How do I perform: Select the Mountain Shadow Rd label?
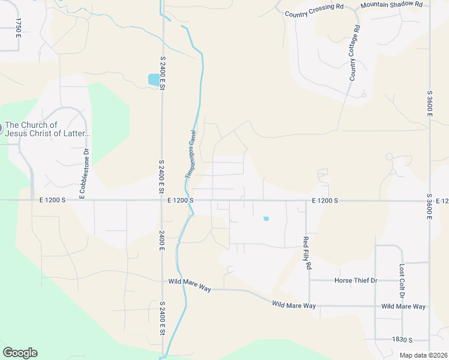pos(391,5)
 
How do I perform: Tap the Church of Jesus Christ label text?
pos(47,129)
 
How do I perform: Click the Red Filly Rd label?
pos(308,253)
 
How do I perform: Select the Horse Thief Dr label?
pos(355,280)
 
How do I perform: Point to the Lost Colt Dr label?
pos(402,281)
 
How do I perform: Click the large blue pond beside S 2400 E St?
pos(154,79)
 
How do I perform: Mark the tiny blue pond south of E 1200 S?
pos(266,218)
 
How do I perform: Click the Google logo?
pos(20,353)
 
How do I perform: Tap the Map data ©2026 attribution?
pos(423,355)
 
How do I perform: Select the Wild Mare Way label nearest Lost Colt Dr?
pos(403,307)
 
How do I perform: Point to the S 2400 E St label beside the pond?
pos(162,74)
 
